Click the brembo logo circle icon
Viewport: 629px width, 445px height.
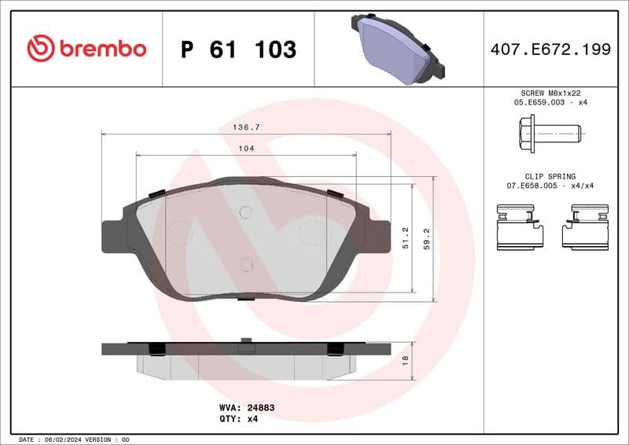pyautogui.click(x=40, y=49)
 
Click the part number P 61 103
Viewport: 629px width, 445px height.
pyautogui.click(x=238, y=50)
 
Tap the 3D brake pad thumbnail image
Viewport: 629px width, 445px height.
pyautogui.click(x=399, y=48)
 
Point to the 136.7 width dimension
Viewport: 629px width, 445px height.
pyautogui.click(x=246, y=126)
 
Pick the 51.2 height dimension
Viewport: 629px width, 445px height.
pyautogui.click(x=406, y=238)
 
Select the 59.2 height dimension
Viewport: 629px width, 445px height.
pyautogui.click(x=427, y=238)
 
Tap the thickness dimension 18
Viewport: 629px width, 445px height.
pyautogui.click(x=406, y=361)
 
